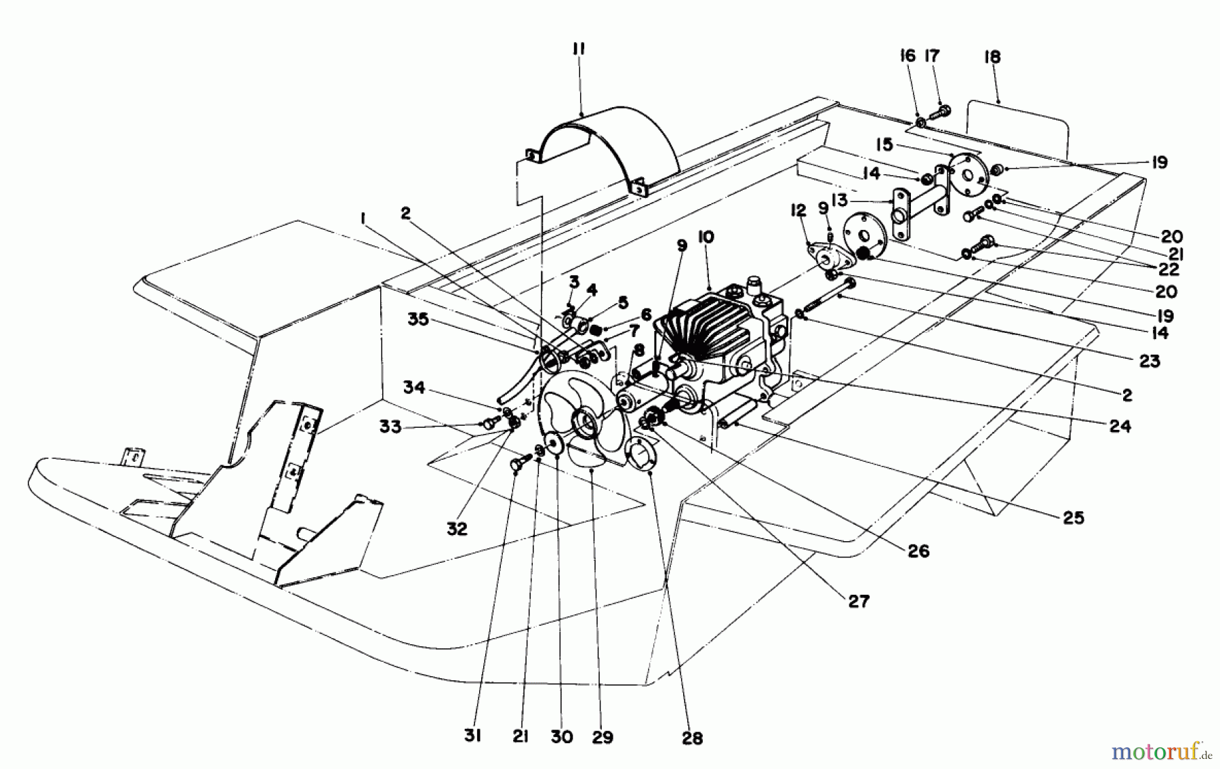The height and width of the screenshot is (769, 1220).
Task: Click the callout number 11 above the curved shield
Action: pyautogui.click(x=578, y=50)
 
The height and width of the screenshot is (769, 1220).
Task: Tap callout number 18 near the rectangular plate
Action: pyautogui.click(x=992, y=58)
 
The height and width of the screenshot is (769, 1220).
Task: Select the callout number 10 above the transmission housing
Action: pyautogui.click(x=706, y=237)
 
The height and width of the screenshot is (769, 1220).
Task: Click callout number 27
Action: pyautogui.click(x=858, y=602)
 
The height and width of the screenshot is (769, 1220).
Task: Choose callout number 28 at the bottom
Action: pyautogui.click(x=692, y=738)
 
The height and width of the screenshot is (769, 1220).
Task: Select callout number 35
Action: pyautogui.click(x=419, y=319)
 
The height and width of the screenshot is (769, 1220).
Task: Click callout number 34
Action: pyautogui.click(x=414, y=387)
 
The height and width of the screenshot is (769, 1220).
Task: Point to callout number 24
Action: pyautogui.click(x=1120, y=426)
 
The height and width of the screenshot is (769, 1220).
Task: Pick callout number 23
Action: pyautogui.click(x=1150, y=361)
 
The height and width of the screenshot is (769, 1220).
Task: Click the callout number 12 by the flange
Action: pyautogui.click(x=798, y=211)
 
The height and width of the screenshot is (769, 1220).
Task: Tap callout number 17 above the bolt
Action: pyautogui.click(x=933, y=56)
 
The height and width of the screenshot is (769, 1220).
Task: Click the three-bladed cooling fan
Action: pyautogui.click(x=579, y=424)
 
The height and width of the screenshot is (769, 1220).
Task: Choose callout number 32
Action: pyautogui.click(x=457, y=529)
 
